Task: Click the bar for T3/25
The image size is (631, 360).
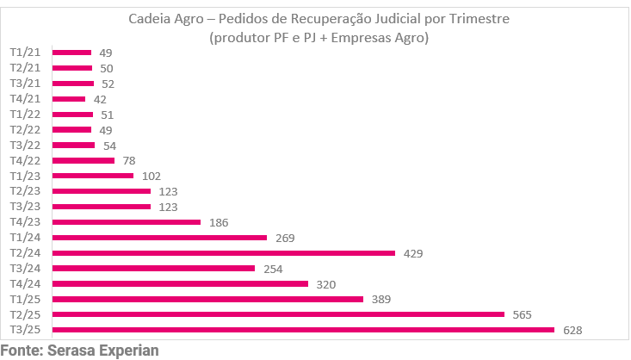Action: pyautogui.click(x=303, y=330)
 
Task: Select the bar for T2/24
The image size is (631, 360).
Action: pyautogui.click(x=224, y=253)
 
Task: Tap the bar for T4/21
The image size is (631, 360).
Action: pyautogui.click(x=69, y=99)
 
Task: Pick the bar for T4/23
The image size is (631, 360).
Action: pyautogui.click(x=127, y=222)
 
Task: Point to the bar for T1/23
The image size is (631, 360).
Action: pyautogui.click(x=93, y=176)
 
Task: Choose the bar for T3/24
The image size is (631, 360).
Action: pyautogui.click(x=153, y=269)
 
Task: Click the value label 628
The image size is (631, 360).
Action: pyautogui.click(x=572, y=330)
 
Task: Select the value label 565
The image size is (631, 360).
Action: pyautogui.click(x=523, y=314)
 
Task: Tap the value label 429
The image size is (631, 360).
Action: pyautogui.click(x=413, y=253)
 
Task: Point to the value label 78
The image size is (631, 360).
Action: pyautogui.click(x=127, y=160)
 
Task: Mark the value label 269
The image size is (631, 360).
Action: pyautogui.click(x=285, y=238)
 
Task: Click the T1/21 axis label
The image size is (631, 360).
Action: pyautogui.click(x=25, y=53)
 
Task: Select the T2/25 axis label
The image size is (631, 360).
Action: pyautogui.click(x=25, y=314)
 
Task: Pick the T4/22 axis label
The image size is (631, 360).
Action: pyautogui.click(x=25, y=160)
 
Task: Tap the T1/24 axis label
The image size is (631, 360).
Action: pyautogui.click(x=25, y=238)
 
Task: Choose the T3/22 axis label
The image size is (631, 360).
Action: pyautogui.click(x=25, y=145)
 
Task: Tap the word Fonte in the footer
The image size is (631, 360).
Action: pyautogui.click(x=21, y=351)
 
